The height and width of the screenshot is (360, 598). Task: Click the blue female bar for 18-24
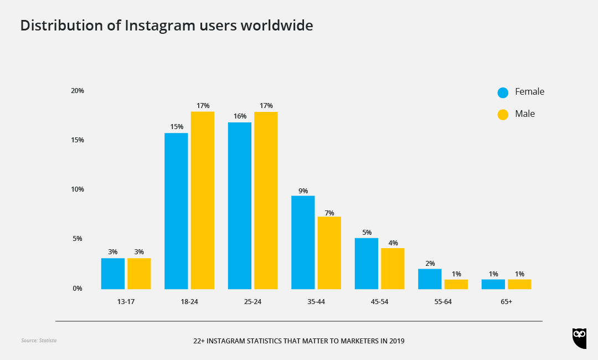pos(176,211)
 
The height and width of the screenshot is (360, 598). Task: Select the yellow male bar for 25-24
pos(266,200)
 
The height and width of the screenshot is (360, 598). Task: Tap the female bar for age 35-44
pos(303,242)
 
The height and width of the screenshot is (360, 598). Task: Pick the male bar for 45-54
pos(393,268)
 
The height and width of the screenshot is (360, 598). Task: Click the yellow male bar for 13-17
pos(139,274)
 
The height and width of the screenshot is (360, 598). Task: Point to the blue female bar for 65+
pos(493,284)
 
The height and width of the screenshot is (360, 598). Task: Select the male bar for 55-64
pos(456,284)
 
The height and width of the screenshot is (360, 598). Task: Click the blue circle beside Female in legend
pos(503,92)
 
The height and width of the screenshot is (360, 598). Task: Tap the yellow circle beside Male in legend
pos(503,115)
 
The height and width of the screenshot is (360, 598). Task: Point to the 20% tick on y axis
pos(78,91)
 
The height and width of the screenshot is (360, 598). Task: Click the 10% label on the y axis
pos(78,189)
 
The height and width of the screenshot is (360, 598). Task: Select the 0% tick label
pos(78,289)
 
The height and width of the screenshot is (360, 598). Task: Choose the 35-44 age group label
pos(316,302)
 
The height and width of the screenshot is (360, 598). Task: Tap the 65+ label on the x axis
pos(506,302)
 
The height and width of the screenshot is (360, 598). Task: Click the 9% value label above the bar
pos(303,191)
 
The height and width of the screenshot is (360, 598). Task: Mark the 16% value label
pos(240,116)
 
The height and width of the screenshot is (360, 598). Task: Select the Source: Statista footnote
pos(39,341)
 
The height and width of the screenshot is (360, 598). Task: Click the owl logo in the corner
pos(579,338)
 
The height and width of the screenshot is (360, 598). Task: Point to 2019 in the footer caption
pos(396,341)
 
